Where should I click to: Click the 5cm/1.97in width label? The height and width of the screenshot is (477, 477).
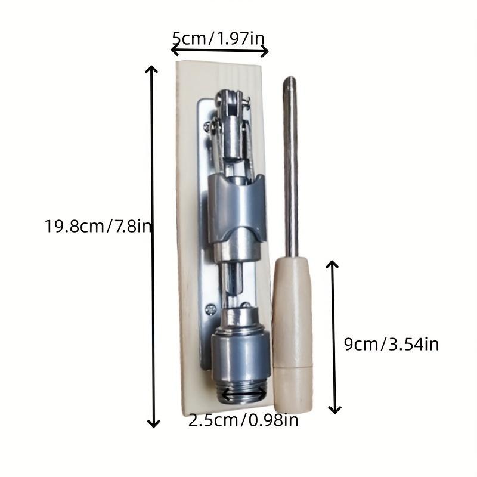pyautogui.click(x=218, y=39)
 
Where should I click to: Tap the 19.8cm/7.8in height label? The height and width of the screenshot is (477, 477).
pyautogui.click(x=98, y=227)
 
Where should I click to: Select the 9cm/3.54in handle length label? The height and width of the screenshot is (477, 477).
pyautogui.click(x=392, y=345)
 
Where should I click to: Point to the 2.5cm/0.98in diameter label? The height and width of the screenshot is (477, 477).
pyautogui.click(x=243, y=420)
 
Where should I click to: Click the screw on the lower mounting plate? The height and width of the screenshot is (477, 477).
pyautogui.click(x=210, y=310)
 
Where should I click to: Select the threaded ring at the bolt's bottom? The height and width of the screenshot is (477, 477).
pyautogui.click(x=243, y=395)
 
